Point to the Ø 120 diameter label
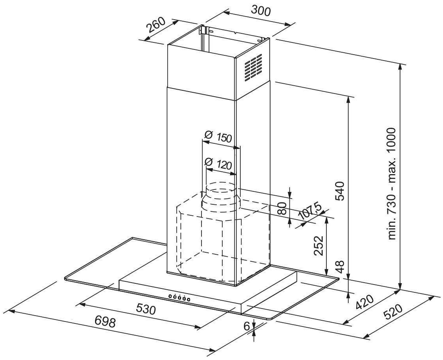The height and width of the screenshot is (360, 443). [x=218, y=163]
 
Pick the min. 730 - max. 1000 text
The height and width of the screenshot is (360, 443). [x=391, y=184]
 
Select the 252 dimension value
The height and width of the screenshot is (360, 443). [x=319, y=246]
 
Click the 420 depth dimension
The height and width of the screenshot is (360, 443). [x=364, y=302]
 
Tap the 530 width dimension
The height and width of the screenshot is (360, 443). [x=146, y=309]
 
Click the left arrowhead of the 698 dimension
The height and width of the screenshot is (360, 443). [x=13, y=312]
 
